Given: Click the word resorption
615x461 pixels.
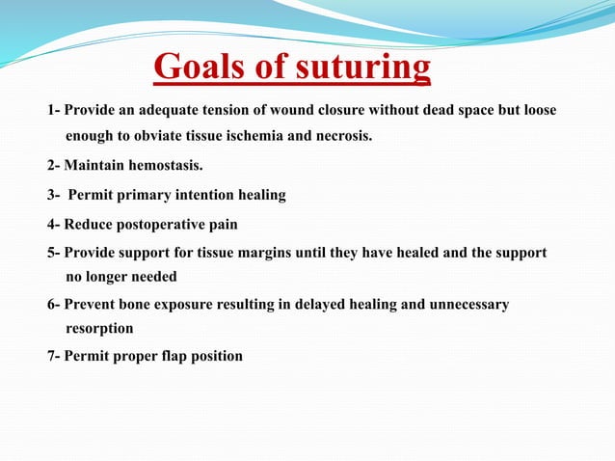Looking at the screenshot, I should (99, 328).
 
